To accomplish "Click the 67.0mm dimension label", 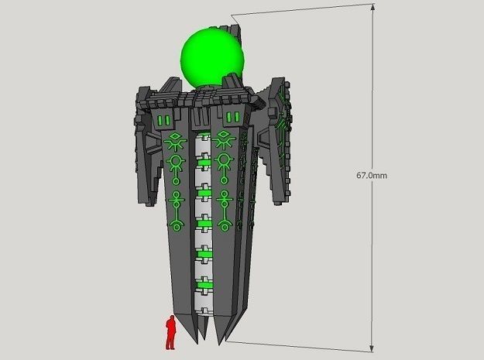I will click(372, 176).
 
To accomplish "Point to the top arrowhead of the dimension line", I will click(373, 9).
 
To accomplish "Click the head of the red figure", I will click(170, 318).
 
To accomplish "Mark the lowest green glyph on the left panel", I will click(178, 225).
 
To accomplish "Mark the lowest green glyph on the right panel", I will click(225, 225).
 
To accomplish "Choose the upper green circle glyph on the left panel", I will click(176, 162).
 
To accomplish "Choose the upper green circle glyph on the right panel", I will click(224, 161).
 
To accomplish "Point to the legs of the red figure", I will click(170, 341).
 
